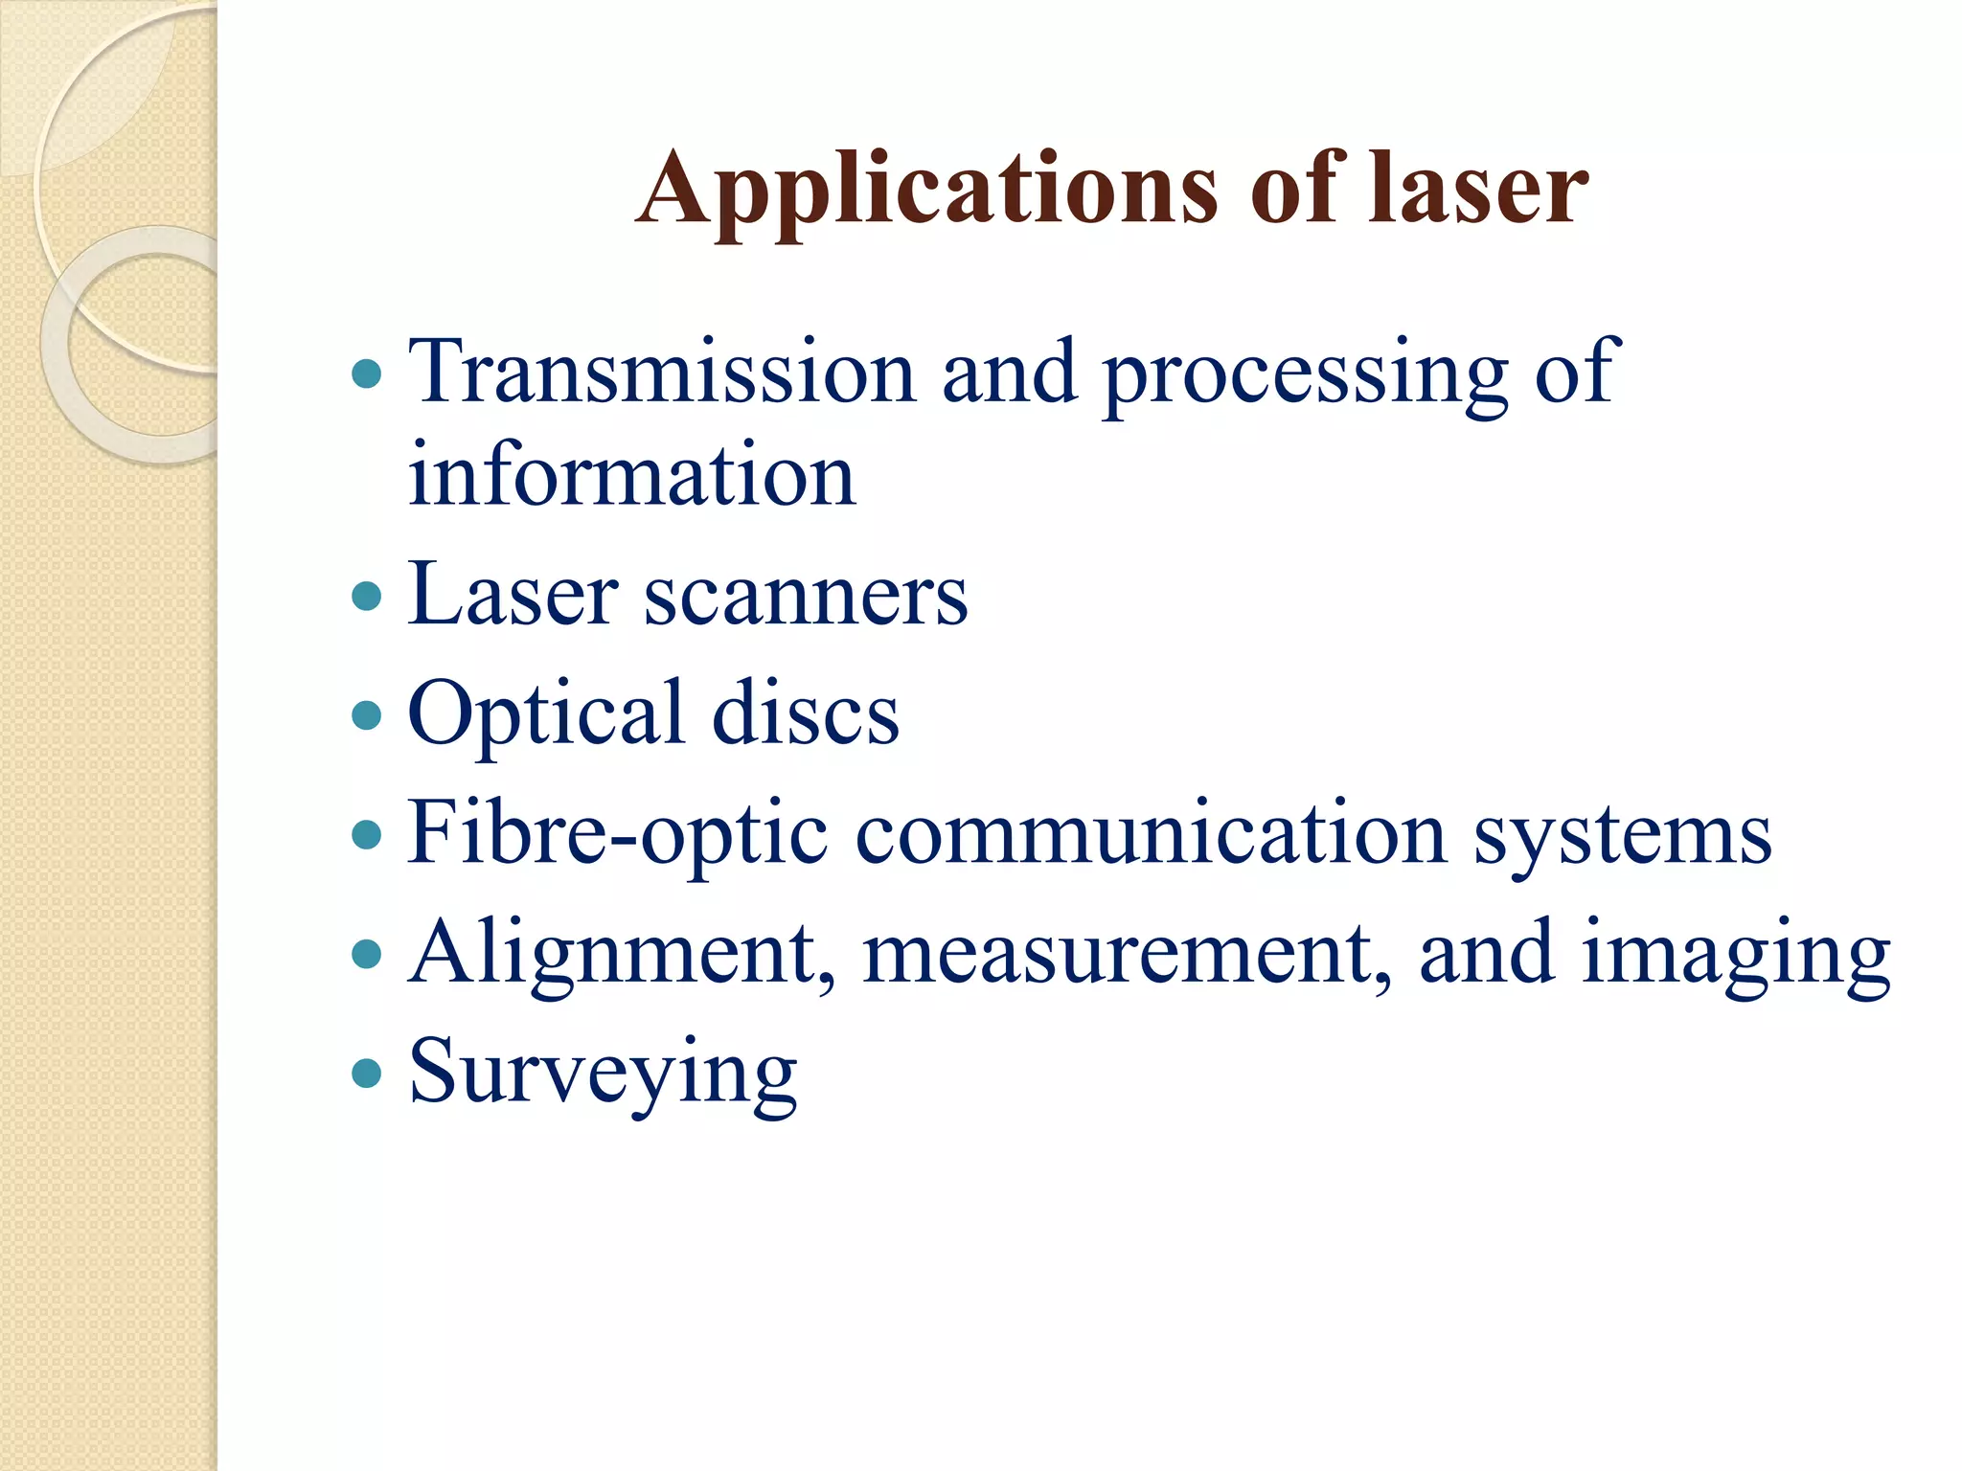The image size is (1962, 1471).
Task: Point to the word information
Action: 631,475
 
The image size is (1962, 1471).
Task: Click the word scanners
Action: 805,596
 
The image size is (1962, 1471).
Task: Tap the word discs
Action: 806,714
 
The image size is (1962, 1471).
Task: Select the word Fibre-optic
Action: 617,833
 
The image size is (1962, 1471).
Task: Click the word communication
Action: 1150,833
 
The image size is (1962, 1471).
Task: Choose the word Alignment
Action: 623,954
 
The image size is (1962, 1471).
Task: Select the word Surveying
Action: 603,1073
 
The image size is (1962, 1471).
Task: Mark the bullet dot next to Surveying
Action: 367,1074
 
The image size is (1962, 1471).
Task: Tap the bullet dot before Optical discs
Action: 367,715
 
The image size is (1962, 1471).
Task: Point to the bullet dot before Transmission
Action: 367,373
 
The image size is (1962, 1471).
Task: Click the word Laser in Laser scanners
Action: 513,596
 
